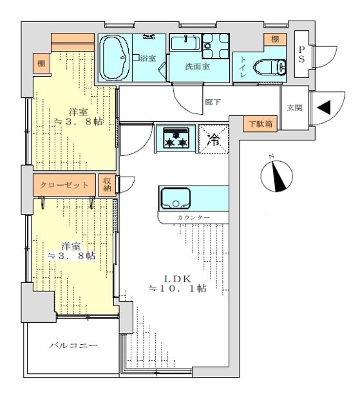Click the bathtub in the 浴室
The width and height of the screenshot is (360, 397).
click(115, 58)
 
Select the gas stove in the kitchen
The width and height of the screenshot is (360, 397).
click(176, 138)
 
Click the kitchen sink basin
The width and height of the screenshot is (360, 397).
click(176, 198)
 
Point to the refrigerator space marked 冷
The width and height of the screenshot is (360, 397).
click(214, 139)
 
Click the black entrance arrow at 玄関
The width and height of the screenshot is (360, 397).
click(324, 108)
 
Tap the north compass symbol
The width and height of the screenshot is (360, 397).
click(276, 175)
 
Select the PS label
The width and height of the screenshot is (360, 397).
click(301, 54)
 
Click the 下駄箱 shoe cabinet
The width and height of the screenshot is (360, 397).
click(260, 124)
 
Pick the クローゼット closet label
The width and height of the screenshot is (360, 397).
click(64, 185)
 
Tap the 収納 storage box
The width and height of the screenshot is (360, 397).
click(107, 184)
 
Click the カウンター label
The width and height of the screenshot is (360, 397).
click(194, 217)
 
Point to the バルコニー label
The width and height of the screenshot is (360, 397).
click(73, 345)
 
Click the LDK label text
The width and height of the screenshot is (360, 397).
click(178, 279)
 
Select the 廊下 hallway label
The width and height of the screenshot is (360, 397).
click(213, 102)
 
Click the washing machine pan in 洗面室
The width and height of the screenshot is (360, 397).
click(216, 46)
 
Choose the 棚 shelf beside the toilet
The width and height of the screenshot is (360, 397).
click(275, 39)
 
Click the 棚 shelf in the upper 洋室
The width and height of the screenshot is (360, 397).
click(41, 63)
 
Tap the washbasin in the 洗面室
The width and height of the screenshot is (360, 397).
click(185, 43)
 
